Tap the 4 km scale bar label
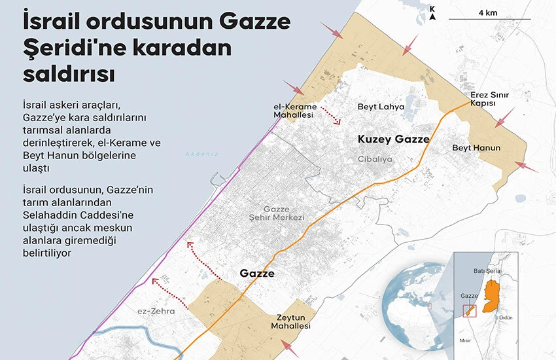click(487, 12)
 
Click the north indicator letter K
click(432, 9)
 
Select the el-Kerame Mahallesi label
click(295, 111)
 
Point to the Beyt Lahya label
click(381, 107)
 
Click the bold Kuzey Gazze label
click(394, 139)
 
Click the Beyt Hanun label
click(476, 148)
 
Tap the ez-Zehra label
click(157, 312)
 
